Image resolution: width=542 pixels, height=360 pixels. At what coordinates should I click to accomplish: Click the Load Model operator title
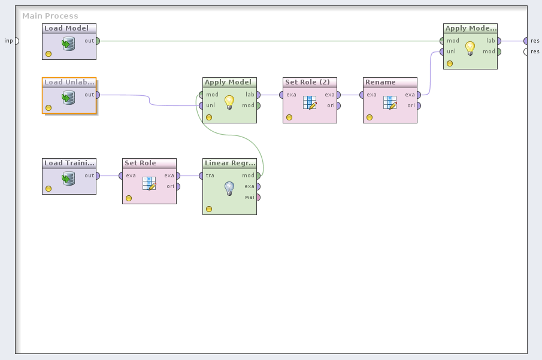[66, 28]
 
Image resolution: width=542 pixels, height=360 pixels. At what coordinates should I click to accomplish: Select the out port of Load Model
[97, 41]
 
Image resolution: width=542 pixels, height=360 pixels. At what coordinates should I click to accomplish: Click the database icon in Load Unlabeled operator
[68, 97]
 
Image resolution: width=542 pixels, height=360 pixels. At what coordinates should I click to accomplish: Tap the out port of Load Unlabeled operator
[97, 95]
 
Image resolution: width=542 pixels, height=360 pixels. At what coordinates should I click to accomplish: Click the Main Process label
[50, 16]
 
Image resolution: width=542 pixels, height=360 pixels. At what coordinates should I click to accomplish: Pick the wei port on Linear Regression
[258, 197]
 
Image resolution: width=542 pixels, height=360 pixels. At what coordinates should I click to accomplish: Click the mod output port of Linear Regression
[258, 176]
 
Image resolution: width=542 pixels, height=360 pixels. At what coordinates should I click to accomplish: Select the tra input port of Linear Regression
[201, 176]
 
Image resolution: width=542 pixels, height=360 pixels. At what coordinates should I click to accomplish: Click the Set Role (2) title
[307, 82]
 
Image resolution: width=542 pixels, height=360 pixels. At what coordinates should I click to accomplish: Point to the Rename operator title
[381, 82]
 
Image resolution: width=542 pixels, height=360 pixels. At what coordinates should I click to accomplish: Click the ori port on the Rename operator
[419, 105]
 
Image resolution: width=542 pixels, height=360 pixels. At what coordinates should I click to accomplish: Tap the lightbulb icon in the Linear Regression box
[229, 189]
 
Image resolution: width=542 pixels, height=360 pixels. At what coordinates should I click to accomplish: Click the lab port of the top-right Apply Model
[499, 41]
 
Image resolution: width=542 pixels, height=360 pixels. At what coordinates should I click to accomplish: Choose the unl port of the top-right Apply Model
[441, 52]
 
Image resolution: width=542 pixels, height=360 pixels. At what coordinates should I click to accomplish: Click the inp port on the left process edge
[16, 41]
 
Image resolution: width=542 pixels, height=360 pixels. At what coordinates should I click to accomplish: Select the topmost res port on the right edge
[525, 41]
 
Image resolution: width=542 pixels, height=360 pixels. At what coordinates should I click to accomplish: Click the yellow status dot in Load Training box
[49, 189]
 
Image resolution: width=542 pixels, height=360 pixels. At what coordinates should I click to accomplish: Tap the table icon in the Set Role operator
[149, 183]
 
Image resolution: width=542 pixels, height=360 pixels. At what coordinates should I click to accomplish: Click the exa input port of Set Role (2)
[281, 95]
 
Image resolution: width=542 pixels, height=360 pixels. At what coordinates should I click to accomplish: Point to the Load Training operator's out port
[97, 176]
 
